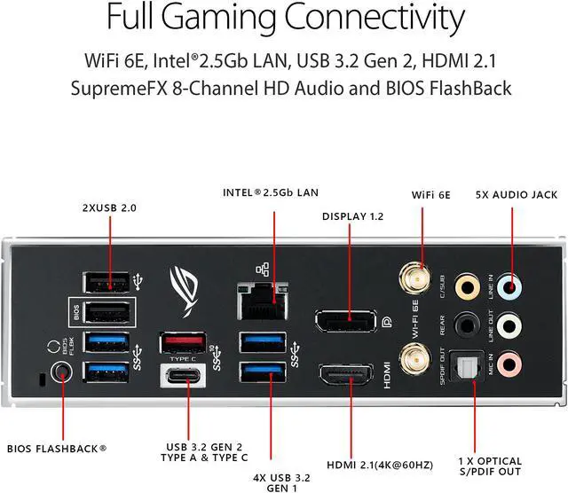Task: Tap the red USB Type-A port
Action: (x=184, y=342)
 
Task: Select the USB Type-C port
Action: (x=184, y=377)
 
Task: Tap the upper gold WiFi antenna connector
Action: (x=414, y=274)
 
